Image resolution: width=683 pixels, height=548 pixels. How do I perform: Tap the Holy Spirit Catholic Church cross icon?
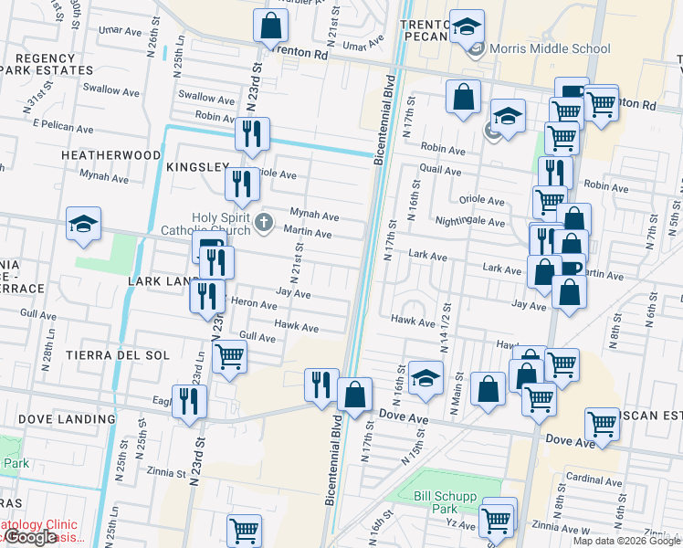pos(264,222)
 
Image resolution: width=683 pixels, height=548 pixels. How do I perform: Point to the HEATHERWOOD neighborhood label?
pos(110,156)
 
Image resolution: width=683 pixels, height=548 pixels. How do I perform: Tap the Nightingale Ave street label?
pos(470,222)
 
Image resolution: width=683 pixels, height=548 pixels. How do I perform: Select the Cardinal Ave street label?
pos(594,480)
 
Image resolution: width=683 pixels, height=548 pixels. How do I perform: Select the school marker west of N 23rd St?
pos(83,225)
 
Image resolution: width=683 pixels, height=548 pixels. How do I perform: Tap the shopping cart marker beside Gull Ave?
pos(229,356)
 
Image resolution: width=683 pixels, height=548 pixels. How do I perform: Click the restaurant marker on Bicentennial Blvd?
pos(320,385)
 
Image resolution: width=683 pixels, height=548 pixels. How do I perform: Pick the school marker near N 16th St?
pos(426,377)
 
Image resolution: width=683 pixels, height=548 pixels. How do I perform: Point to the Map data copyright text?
pos(626,541)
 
